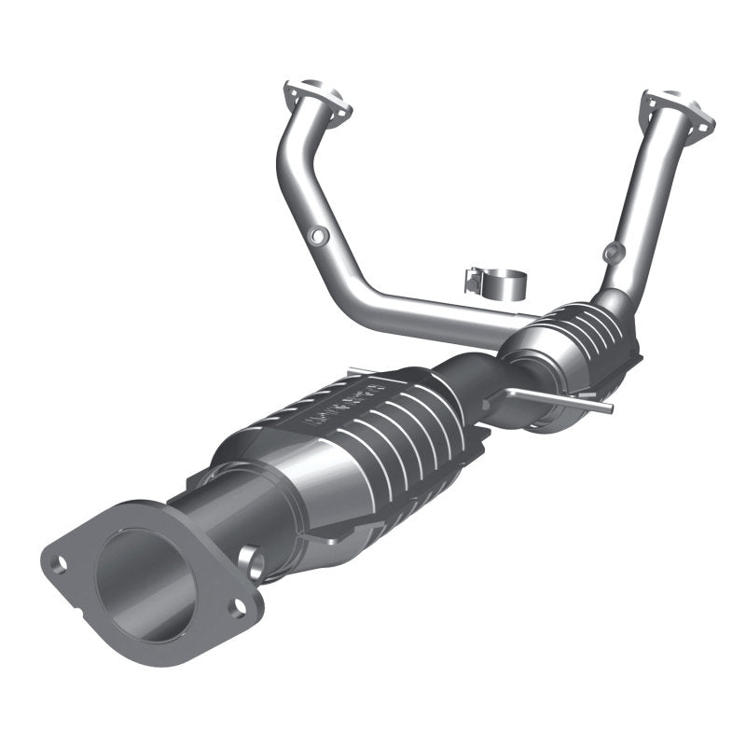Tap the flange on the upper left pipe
(x=317, y=103)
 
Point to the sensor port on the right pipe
(x=612, y=252)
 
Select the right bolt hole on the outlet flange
(x=239, y=608)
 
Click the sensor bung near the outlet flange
(x=252, y=559)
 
